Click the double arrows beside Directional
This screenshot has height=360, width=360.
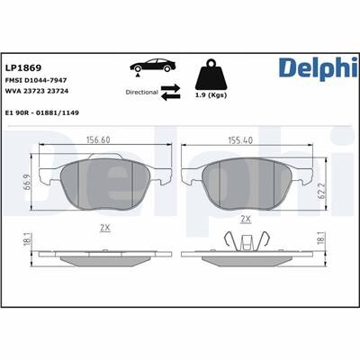(171, 90)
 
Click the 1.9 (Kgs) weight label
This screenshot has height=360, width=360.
(211, 94)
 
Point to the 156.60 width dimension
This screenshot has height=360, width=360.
(111, 139)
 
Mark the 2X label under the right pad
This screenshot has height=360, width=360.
(245, 218)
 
